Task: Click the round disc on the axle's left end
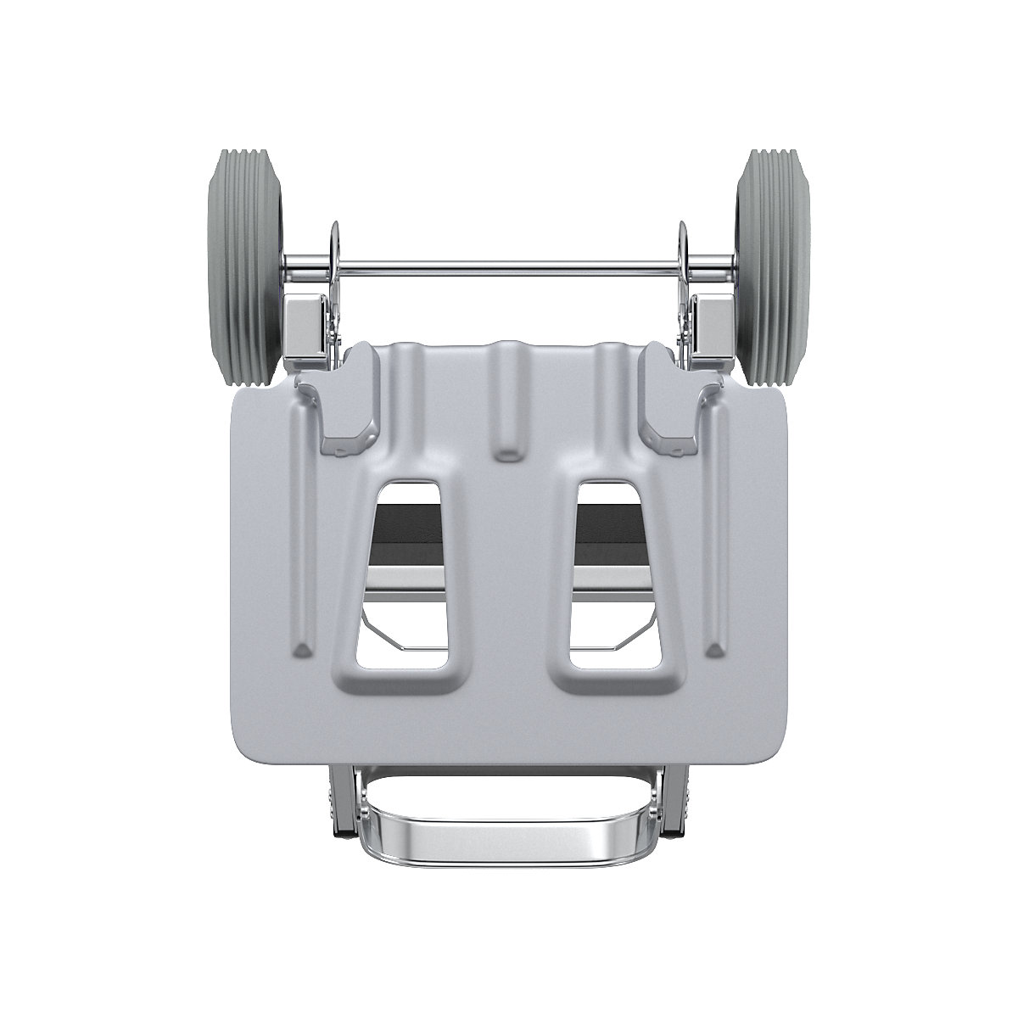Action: (x=332, y=246)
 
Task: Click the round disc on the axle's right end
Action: (x=685, y=246)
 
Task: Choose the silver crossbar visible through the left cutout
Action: (x=407, y=579)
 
